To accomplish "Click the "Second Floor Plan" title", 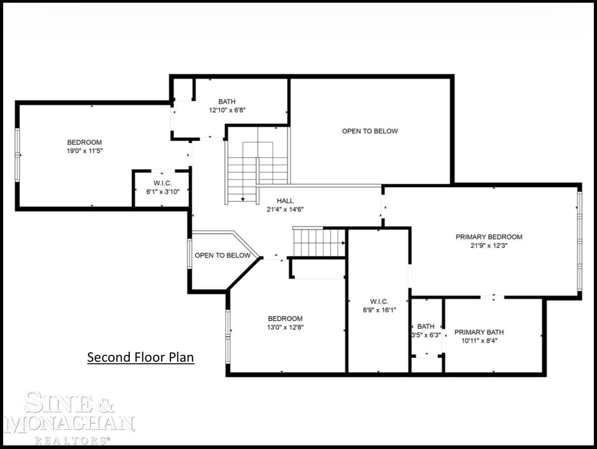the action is point(141,357).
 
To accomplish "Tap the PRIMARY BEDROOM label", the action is point(489,237).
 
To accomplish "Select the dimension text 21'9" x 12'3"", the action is point(489,246).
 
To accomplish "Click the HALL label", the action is point(285,201).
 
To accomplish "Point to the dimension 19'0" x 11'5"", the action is point(85,151).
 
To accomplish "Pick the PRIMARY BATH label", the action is point(479,332).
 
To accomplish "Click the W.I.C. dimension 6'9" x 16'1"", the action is point(379,310).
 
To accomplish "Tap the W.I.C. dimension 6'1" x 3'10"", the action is point(163,192).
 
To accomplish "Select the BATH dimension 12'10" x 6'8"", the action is point(227,110).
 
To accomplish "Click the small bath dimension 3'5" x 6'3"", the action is point(426,335).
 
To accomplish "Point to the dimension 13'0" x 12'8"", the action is point(285,327).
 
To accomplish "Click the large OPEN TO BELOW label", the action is point(370,131).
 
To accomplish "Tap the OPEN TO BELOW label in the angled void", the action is point(223,255).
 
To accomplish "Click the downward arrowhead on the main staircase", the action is point(243,199).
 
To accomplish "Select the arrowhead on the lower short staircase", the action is point(344,243).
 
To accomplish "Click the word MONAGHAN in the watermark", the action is point(69,424).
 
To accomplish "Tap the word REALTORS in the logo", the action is point(71,440).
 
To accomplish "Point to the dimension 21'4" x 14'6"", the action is point(285,209).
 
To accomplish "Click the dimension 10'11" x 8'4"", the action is point(479,341).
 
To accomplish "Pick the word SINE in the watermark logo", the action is point(58,403).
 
